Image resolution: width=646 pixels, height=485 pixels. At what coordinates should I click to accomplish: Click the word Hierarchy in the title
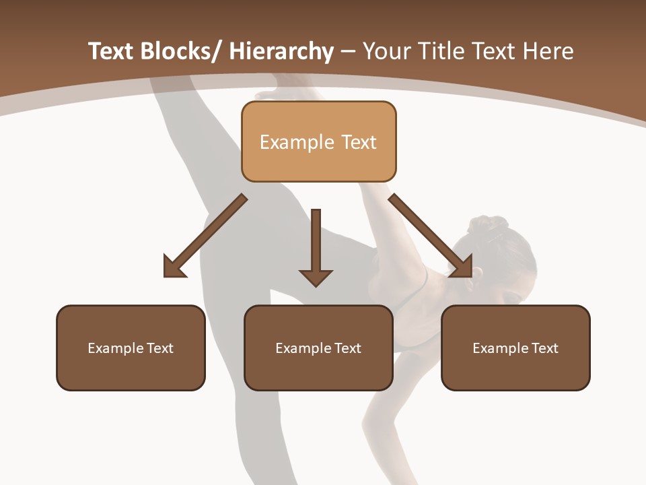281,52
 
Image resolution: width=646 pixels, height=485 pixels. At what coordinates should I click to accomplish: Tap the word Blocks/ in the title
181,52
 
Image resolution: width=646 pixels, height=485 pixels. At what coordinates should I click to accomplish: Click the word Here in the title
548,52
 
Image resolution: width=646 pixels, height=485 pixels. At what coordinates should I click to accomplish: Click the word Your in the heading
386,52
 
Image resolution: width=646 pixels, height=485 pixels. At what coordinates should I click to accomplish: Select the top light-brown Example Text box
318,142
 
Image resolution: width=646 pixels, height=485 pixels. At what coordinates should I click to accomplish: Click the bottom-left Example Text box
131,348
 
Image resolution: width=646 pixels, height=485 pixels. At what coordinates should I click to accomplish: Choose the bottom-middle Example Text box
318,348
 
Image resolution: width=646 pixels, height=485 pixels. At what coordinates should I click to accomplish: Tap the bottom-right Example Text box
515,348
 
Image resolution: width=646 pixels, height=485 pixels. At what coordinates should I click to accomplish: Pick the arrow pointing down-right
431,236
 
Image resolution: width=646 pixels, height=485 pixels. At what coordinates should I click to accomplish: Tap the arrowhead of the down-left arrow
174,267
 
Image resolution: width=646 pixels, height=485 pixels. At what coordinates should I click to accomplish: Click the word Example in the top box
297,142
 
